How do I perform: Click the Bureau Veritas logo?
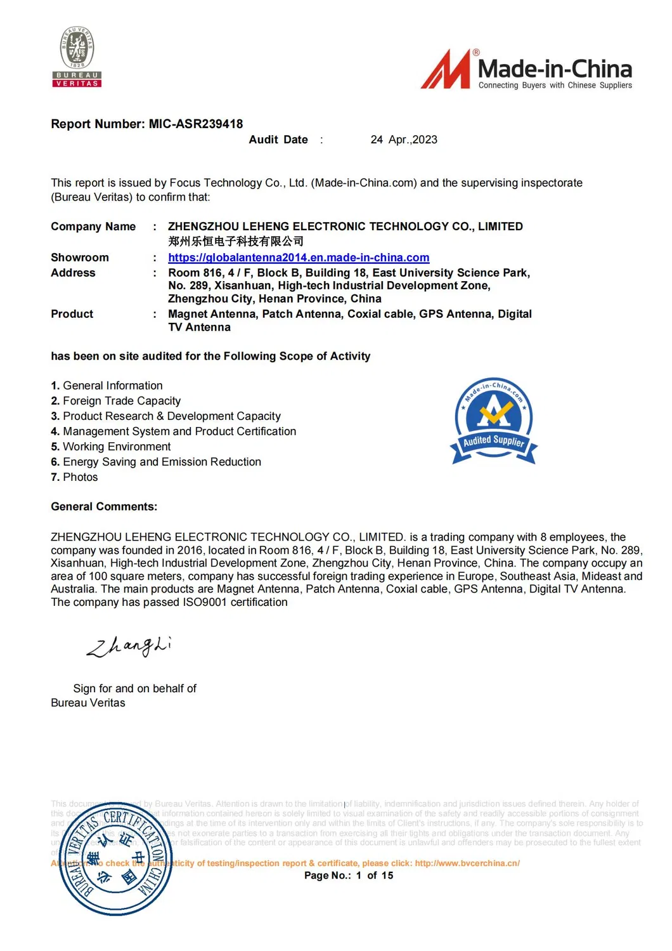(x=77, y=57)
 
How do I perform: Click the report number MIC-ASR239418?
(x=195, y=124)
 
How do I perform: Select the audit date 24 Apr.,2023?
(x=404, y=140)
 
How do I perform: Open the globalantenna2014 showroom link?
(x=299, y=258)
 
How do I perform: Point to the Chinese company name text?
(x=236, y=242)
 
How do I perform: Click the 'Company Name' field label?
(x=93, y=226)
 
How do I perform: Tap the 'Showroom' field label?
(x=80, y=258)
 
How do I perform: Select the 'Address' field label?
(x=73, y=273)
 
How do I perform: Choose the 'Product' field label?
(x=72, y=314)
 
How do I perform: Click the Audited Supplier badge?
(x=494, y=422)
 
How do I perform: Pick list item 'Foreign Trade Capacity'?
(x=121, y=401)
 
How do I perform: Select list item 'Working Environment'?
(x=117, y=447)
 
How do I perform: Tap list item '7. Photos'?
(x=74, y=477)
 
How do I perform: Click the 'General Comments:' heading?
(x=104, y=507)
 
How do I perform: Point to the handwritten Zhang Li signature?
(x=129, y=646)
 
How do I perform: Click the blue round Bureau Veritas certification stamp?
(x=115, y=859)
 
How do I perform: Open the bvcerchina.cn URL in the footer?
(x=467, y=863)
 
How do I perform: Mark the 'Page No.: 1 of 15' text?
(x=349, y=876)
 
